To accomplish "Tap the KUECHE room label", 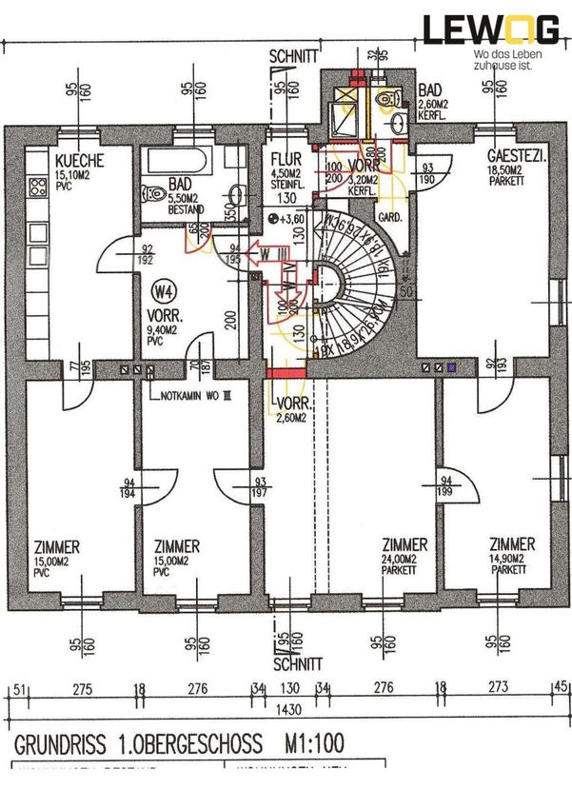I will (78, 161).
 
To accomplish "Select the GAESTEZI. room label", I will (515, 155).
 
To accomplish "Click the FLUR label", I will (285, 159).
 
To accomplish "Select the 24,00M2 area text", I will (404, 559).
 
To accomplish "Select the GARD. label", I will (392, 215).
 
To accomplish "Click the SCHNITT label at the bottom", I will (296, 663).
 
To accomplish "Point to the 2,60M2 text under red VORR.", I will (290, 417).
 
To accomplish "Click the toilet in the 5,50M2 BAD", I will (152, 192).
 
